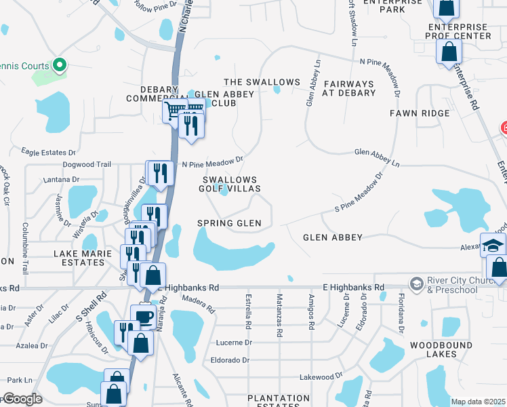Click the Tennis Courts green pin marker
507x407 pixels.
(59, 66)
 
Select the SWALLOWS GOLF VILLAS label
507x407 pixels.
(230, 184)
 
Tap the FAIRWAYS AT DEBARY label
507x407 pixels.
(349, 88)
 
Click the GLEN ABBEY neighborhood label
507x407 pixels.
(333, 237)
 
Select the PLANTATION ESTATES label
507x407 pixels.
(278, 402)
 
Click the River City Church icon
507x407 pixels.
(416, 282)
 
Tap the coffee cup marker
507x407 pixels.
(143, 317)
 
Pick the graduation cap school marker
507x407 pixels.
(493, 245)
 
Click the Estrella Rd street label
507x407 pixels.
(249, 311)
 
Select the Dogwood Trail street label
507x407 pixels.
(86, 164)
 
